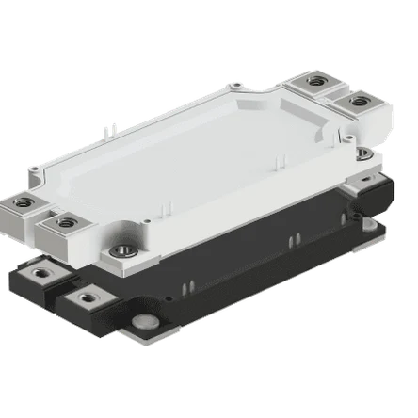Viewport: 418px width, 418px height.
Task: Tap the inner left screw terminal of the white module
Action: [65, 222]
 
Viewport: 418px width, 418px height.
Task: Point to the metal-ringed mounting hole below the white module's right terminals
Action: [365, 153]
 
